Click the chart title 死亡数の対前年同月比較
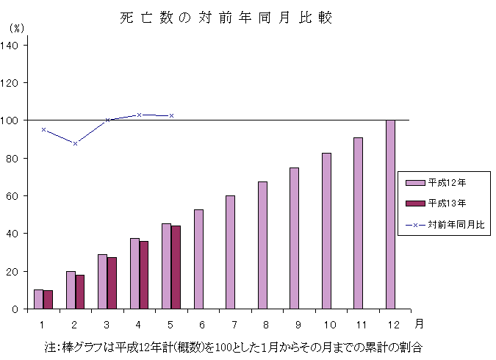226,18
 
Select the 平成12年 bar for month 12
390,214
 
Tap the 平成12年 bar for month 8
262,245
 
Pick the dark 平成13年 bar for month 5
176,267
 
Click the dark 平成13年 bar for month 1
48,300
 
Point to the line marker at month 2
75,143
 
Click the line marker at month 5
171,115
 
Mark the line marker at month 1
43,129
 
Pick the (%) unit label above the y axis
16,28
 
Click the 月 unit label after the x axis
418,323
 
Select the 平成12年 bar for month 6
198,259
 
